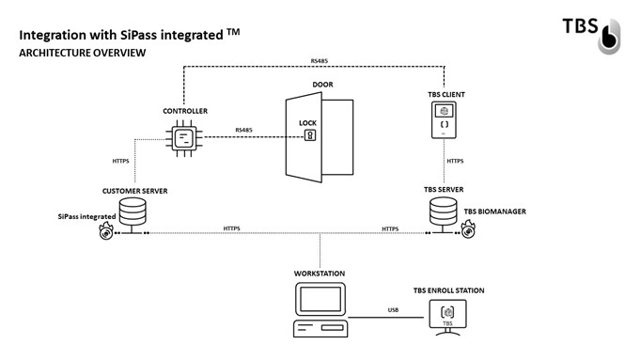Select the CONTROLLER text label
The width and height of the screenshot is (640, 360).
tap(184, 111)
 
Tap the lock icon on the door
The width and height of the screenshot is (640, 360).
tap(307, 135)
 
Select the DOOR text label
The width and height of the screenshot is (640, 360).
tap(322, 85)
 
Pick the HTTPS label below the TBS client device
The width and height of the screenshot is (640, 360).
tap(455, 161)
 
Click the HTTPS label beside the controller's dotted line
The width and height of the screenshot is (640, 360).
tap(121, 161)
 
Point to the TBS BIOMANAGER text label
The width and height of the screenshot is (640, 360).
tap(494, 211)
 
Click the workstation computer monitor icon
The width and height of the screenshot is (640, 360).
tap(320, 300)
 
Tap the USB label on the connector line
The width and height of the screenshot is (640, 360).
tap(394, 309)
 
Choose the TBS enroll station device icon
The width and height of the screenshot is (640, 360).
tap(449, 314)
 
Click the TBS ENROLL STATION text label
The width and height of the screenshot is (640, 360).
tap(449, 290)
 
